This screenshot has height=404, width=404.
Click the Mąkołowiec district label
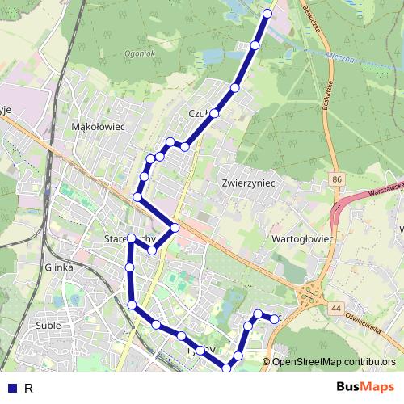(x=97, y=127)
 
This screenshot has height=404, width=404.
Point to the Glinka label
(x=60, y=267)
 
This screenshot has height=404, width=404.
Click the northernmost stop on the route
(x=269, y=13)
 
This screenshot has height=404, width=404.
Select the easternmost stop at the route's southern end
(x=275, y=319)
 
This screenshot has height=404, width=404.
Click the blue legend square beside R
(x=13, y=388)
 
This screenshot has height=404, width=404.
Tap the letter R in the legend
(x=29, y=388)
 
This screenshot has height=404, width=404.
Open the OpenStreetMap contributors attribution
(x=334, y=362)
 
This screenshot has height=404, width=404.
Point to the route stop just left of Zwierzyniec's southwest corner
(x=185, y=146)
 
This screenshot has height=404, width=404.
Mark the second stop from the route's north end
(x=255, y=45)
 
